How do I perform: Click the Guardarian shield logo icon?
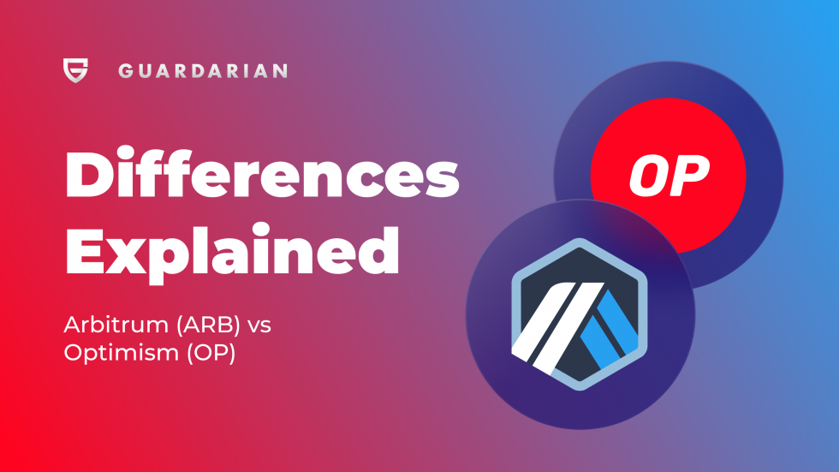tap(75, 70)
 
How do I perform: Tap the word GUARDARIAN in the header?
tap(203, 71)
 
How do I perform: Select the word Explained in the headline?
tap(233, 251)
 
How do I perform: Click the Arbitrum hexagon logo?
tap(580, 315)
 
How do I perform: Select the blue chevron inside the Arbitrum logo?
tap(615, 324)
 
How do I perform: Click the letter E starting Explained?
tap(84, 251)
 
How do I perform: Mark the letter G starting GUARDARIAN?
tap(126, 71)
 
